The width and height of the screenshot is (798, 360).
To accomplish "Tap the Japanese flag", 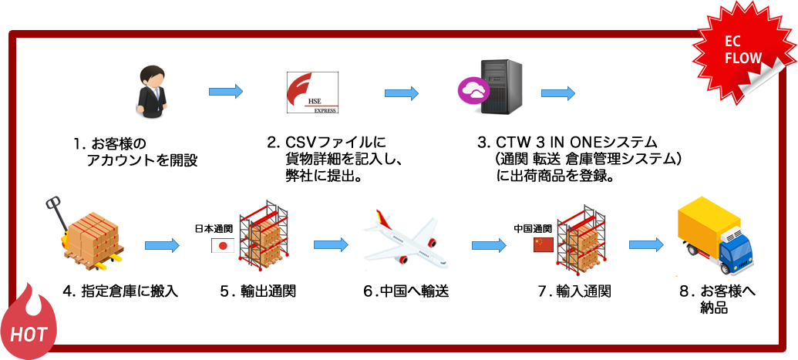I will (x=223, y=246).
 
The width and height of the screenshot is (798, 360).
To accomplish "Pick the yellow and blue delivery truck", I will (x=715, y=238).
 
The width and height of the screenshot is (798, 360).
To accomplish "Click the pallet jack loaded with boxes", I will (x=85, y=235).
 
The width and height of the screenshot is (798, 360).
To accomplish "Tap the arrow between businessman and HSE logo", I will (x=226, y=92).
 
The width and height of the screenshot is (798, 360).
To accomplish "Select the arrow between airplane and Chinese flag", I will (x=489, y=246).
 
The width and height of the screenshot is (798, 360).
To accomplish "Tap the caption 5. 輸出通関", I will (x=258, y=291).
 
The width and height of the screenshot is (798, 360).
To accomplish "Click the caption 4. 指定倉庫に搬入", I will (x=120, y=291).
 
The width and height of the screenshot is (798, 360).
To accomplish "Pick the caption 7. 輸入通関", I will (x=574, y=291).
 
